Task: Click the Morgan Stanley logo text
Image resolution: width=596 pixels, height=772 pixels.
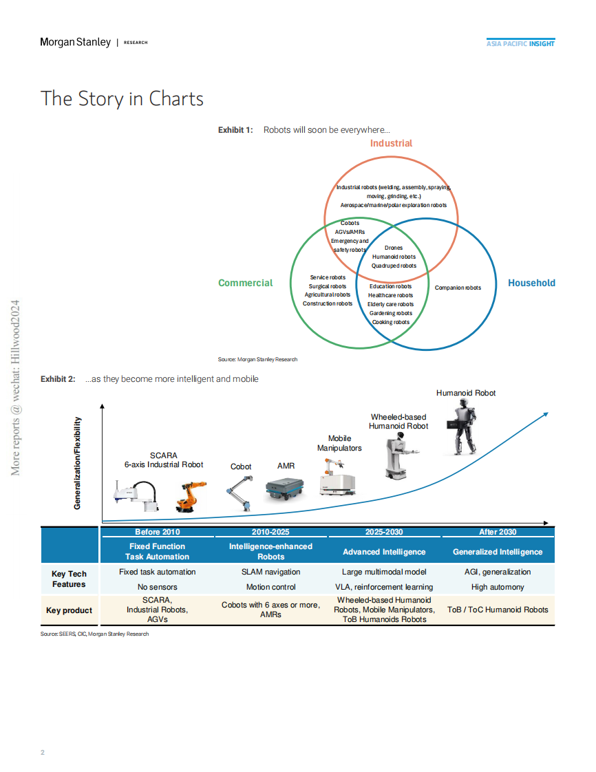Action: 75,42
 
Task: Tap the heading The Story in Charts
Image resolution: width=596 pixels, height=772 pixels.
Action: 122,98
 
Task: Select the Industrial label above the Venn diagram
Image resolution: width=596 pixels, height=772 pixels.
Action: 391,143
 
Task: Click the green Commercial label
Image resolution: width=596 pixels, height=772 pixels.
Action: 245,283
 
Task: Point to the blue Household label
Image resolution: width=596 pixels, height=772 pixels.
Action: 531,283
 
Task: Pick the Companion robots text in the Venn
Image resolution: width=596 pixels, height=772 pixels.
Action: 458,288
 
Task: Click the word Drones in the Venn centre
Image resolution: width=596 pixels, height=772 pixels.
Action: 394,248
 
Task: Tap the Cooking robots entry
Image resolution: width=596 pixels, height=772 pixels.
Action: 390,322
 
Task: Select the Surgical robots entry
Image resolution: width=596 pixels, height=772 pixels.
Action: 328,286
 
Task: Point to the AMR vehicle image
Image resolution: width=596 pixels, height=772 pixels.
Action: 285,488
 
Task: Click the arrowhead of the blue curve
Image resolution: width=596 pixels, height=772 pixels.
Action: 545,414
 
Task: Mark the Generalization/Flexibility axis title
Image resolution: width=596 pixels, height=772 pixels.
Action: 77,463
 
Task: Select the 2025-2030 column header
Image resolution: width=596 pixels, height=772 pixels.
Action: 384,532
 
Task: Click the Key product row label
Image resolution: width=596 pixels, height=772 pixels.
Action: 68,610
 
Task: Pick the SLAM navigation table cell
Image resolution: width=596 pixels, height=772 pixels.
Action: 270,572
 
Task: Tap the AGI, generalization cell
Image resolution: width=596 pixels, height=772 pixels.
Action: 498,572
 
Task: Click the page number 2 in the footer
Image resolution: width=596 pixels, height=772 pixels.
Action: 43,752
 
